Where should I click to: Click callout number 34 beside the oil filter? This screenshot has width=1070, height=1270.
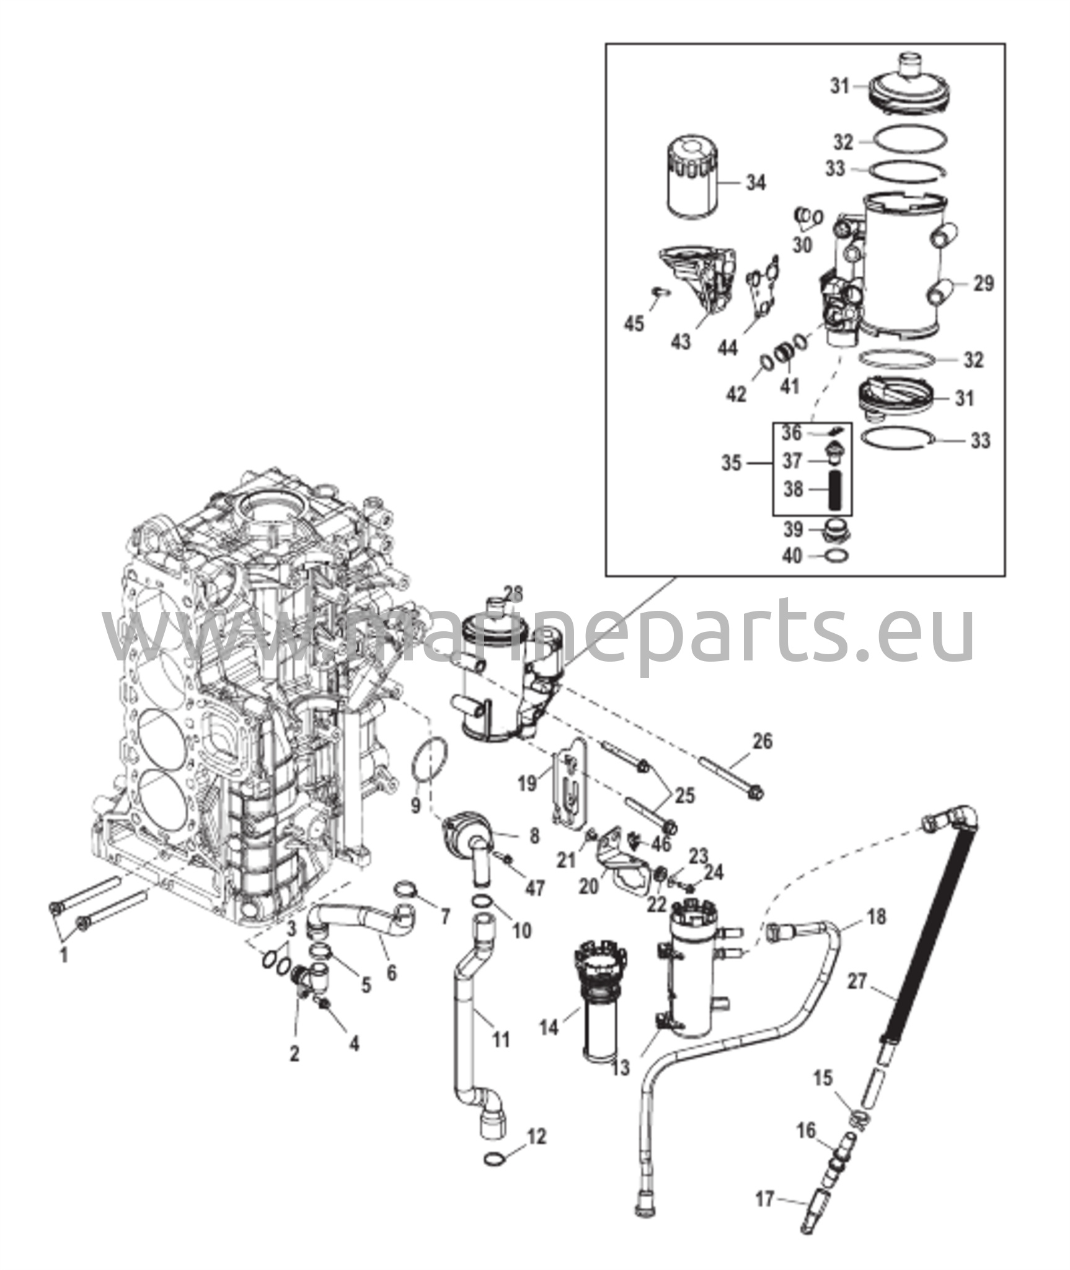click(x=755, y=183)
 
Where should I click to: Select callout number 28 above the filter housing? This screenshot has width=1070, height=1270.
click(x=513, y=593)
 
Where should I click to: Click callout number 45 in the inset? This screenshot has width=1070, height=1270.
click(x=634, y=323)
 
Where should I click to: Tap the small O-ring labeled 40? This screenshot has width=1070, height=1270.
click(x=835, y=556)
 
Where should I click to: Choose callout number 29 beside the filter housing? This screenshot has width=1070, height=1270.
click(x=983, y=283)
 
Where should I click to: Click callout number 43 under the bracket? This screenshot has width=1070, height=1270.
click(x=681, y=341)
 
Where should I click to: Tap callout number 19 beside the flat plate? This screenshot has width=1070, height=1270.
click(x=527, y=784)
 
